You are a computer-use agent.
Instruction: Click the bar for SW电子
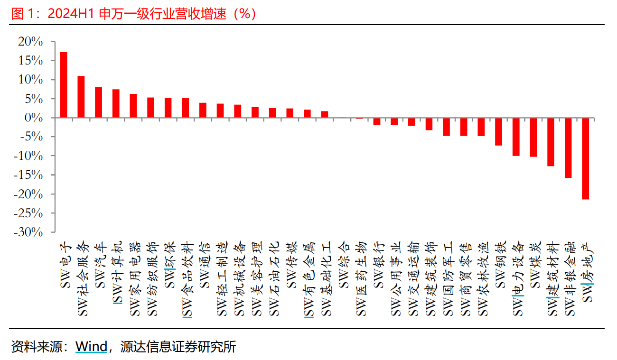64,85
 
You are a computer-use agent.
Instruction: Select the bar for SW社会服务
81,97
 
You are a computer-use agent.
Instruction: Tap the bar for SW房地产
586,158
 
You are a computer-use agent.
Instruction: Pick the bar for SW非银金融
568,148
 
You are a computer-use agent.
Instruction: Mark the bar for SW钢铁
498,131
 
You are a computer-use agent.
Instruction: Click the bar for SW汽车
99,102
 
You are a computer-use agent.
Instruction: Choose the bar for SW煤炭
533,137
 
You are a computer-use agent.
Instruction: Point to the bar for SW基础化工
325,114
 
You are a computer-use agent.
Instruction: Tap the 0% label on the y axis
34,118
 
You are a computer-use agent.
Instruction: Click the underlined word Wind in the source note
92,347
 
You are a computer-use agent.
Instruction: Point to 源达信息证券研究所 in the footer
178,347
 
